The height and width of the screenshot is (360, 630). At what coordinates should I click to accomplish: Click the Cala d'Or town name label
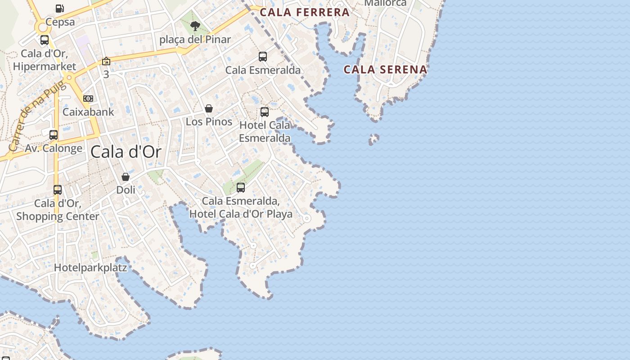(126, 152)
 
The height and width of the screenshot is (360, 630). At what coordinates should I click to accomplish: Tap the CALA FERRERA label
(305, 12)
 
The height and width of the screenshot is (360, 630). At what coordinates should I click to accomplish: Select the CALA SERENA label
(385, 69)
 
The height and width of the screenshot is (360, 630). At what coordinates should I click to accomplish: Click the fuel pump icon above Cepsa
(59, 8)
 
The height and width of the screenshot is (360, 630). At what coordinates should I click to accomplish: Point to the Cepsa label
(60, 22)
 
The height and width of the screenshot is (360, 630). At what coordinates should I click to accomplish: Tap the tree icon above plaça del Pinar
(195, 26)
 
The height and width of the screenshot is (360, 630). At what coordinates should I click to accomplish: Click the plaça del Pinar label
(195, 40)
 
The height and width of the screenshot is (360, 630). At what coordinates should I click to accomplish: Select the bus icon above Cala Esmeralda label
(263, 57)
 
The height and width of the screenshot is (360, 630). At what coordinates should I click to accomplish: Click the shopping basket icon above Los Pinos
(209, 108)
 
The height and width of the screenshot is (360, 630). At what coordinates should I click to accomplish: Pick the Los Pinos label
(209, 121)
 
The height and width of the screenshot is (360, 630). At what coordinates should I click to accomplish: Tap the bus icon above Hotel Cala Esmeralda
(265, 112)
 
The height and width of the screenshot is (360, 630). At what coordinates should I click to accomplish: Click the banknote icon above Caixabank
(88, 99)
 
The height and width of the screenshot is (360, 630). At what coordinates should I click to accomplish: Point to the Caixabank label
(88, 112)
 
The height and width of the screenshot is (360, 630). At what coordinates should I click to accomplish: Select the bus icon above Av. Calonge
(54, 135)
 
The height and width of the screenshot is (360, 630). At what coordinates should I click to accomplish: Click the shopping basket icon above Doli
(126, 177)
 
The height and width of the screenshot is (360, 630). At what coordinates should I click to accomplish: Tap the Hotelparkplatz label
(90, 268)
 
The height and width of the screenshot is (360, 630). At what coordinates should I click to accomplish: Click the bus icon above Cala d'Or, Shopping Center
(58, 189)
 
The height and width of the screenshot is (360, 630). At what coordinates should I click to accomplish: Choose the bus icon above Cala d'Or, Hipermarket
(45, 40)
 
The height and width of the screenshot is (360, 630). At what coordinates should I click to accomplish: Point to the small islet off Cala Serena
(373, 139)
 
